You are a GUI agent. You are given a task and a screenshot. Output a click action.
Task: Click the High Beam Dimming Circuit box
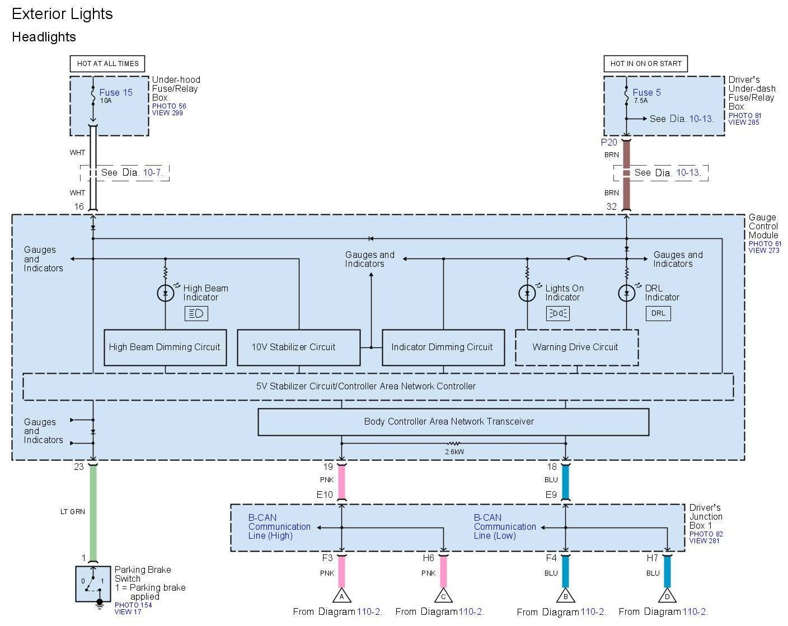(165, 347)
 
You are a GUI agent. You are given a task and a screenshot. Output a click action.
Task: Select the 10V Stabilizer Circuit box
(298, 347)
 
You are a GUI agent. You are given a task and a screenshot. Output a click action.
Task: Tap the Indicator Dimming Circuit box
(443, 347)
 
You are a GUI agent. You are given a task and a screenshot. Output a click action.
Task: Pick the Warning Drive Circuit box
(576, 347)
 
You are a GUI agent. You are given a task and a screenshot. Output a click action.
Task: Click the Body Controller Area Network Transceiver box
(453, 422)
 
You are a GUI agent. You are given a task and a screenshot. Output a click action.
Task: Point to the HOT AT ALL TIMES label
(107, 64)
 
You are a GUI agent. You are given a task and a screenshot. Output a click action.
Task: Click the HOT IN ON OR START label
(645, 64)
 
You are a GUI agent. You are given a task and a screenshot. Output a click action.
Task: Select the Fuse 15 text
(116, 93)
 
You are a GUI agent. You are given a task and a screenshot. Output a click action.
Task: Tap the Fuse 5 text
(646, 93)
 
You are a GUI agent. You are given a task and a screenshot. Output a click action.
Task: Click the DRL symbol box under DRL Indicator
(658, 313)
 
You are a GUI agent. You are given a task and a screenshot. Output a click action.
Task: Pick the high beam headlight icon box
(196, 313)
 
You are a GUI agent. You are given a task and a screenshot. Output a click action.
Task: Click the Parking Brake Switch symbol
(93, 583)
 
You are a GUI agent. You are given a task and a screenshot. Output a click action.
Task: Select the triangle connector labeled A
(341, 596)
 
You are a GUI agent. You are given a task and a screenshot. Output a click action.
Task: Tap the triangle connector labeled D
(667, 596)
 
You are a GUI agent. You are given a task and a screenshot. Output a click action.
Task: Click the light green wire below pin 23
(93, 512)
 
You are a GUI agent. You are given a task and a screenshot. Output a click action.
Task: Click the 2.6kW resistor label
(454, 452)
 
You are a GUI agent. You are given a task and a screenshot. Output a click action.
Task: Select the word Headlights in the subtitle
(44, 37)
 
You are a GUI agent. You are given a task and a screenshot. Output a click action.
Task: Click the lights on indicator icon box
(557, 313)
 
